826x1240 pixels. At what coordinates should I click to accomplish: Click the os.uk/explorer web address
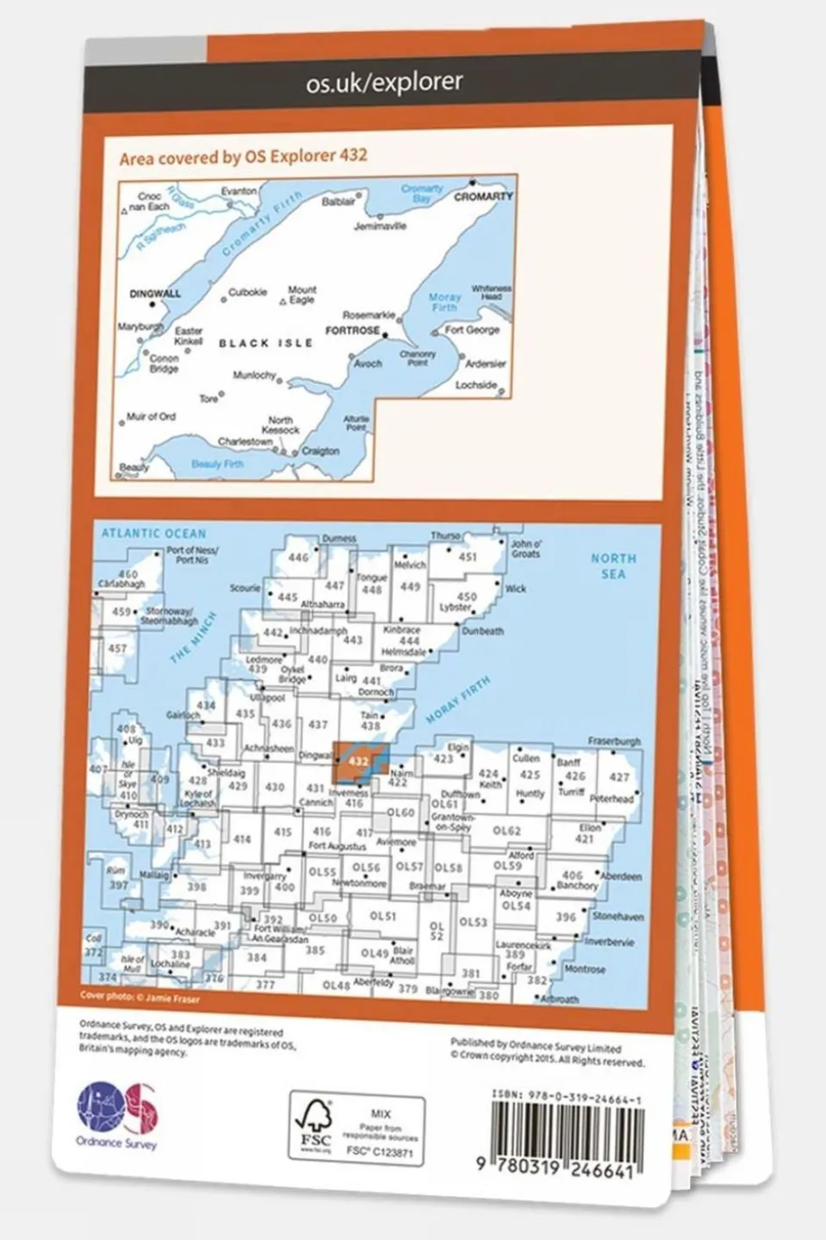tap(384, 83)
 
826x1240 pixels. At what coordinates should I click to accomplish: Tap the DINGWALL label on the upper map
tap(155, 294)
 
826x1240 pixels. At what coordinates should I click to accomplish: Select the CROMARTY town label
tap(483, 196)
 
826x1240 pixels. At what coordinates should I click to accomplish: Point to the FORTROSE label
tap(352, 330)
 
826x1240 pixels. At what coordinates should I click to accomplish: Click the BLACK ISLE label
tap(265, 343)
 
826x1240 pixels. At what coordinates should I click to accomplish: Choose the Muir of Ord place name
tap(151, 417)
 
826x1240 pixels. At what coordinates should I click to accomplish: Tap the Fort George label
tap(472, 330)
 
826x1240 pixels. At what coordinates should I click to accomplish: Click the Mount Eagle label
tap(302, 295)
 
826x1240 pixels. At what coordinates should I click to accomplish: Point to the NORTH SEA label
tap(613, 565)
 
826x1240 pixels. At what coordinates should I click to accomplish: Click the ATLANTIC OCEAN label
tap(154, 534)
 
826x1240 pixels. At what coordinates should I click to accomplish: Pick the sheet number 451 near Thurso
tap(467, 558)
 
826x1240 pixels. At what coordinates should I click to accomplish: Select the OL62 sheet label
tap(506, 831)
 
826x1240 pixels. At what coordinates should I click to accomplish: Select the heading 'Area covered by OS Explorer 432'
tap(244, 157)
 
